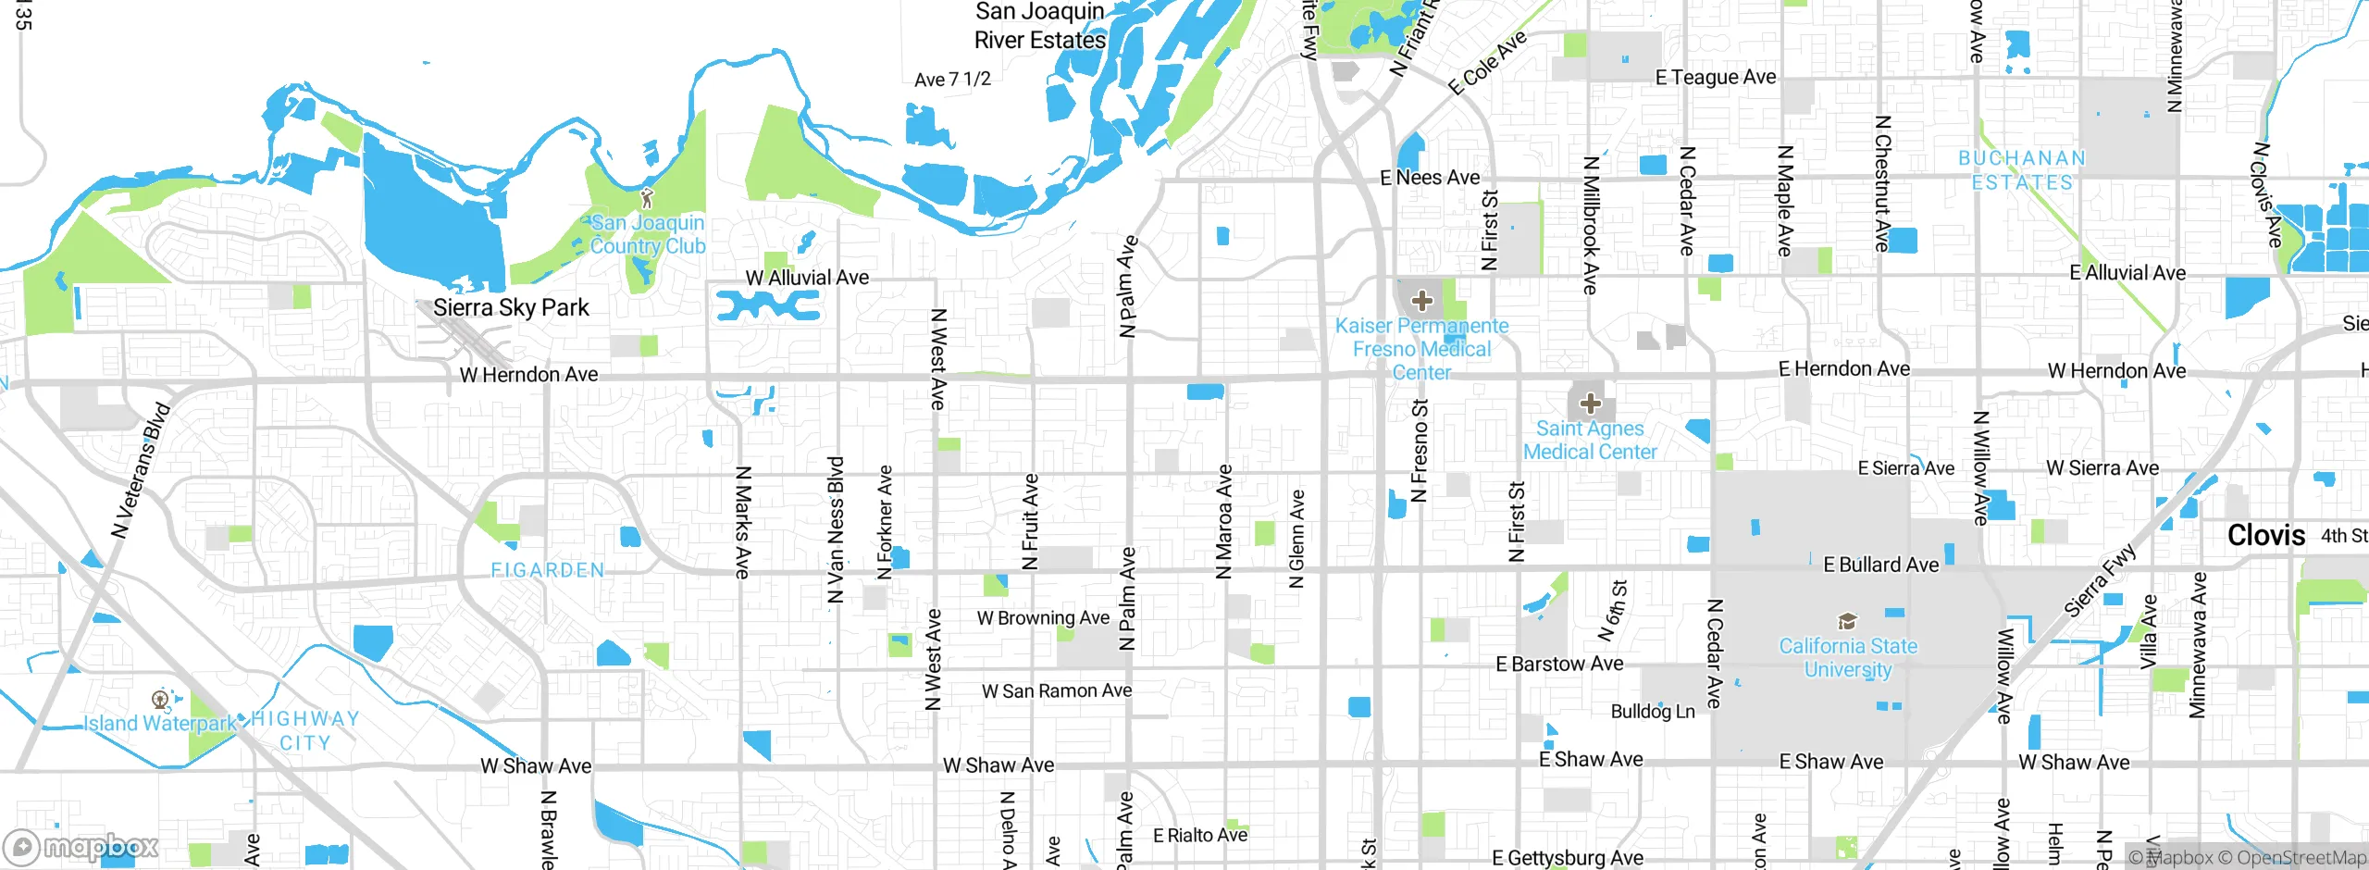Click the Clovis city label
coord(2265,536)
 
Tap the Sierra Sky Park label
coord(511,308)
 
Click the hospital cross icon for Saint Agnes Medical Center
coord(1591,404)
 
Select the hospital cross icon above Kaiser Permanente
coord(1422,300)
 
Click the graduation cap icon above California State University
coord(1847,621)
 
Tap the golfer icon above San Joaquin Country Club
coord(647,198)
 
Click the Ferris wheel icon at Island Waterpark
coord(160,699)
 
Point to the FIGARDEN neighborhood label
coord(548,571)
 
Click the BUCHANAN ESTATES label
coord(2022,170)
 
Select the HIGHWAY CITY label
coord(304,730)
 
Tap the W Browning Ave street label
coord(1043,618)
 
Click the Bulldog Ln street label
coord(1653,712)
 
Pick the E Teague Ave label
coord(1716,78)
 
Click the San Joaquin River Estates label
coord(1040,26)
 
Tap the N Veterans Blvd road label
coord(142,470)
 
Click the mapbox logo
coord(81,846)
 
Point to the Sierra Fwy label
coord(2102,580)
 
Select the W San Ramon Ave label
coord(1057,691)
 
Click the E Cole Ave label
coord(1487,64)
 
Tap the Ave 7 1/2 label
coord(952,80)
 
